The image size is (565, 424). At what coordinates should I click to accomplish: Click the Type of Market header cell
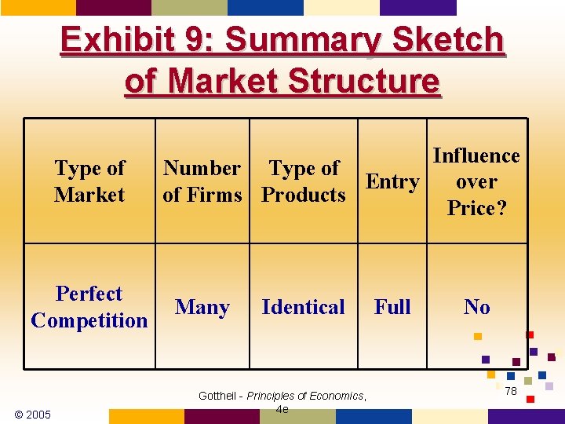click(89, 181)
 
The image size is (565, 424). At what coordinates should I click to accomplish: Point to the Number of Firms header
click(202, 181)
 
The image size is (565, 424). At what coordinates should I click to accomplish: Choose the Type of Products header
click(304, 181)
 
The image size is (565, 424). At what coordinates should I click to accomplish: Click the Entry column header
click(392, 181)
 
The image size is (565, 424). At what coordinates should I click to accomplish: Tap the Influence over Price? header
click(476, 181)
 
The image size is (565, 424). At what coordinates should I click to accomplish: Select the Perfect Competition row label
click(89, 307)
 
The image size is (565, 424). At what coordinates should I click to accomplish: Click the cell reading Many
click(202, 307)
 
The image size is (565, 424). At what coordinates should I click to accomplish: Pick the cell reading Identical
click(304, 307)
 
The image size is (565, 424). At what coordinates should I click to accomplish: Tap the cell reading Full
click(392, 307)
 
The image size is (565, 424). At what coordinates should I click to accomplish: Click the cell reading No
click(476, 307)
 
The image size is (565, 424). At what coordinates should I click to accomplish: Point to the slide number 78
click(511, 391)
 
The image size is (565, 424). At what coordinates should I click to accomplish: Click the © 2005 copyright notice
click(33, 414)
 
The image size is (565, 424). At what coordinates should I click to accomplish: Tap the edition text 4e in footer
click(282, 409)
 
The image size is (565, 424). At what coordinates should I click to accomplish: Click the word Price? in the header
click(476, 208)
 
